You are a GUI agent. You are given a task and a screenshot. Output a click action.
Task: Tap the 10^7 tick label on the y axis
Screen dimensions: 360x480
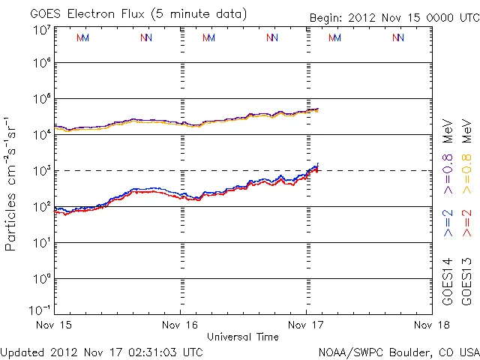42,30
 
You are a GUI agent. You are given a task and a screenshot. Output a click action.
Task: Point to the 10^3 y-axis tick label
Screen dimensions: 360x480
42,171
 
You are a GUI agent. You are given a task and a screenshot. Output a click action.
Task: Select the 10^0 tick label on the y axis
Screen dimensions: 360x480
42,279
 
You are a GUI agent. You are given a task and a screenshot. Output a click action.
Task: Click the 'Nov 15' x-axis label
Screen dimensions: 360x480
55,325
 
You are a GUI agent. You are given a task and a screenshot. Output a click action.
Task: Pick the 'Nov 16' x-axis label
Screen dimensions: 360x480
180,325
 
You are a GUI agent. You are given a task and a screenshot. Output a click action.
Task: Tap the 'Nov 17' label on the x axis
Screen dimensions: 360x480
306,325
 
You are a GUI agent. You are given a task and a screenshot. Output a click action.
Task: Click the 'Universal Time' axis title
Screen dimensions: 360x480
243,337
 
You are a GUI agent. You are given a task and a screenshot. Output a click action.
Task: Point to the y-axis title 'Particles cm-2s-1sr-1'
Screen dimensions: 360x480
12,183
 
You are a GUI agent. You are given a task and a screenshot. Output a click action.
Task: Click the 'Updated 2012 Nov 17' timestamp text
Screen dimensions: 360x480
102,351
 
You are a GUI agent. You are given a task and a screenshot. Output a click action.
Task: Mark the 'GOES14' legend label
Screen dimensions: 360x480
448,282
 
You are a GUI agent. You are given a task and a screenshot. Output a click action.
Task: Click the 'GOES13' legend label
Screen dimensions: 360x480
466,282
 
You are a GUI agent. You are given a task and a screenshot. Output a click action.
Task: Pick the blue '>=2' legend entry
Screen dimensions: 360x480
448,222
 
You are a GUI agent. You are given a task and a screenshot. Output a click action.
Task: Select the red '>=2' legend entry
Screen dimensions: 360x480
466,222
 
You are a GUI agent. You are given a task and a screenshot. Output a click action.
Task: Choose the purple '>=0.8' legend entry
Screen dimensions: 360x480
448,175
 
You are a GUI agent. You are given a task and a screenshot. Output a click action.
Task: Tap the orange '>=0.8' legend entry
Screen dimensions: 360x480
466,175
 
